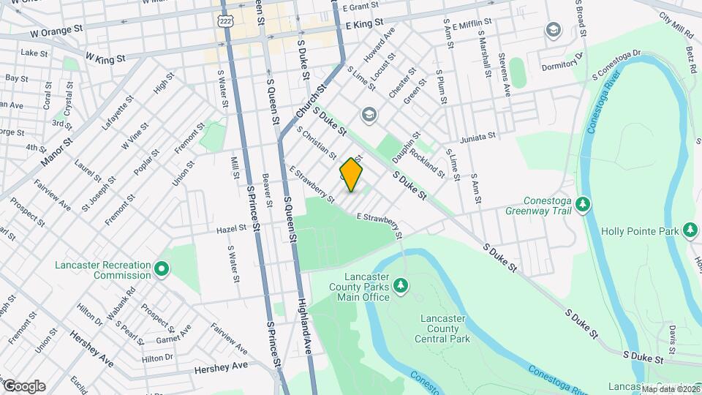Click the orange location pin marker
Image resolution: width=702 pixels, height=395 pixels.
point(351,176)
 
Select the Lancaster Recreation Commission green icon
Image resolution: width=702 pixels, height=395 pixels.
point(162,270)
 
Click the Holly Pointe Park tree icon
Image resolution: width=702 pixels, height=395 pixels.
point(690,231)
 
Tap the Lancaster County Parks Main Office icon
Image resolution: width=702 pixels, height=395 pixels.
point(400,284)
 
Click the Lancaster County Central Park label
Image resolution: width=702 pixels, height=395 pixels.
point(445,328)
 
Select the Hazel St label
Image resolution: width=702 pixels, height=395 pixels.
point(231,229)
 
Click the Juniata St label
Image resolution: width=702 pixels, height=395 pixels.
point(478,137)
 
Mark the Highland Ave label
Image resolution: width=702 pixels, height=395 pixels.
point(305,322)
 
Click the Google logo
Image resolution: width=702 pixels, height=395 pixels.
point(23,386)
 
